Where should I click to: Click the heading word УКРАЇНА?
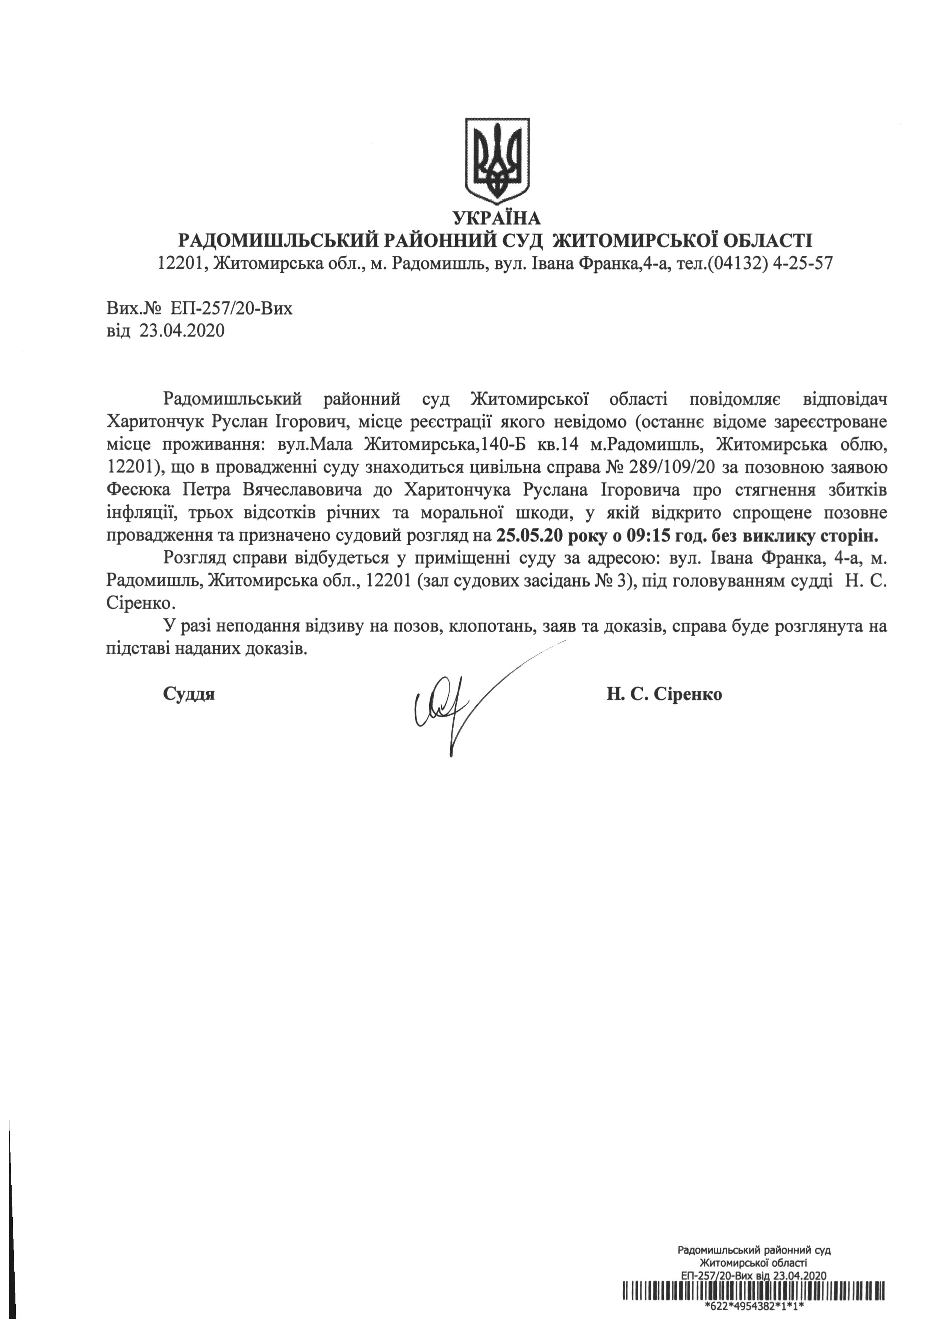point(497,218)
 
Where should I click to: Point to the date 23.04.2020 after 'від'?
point(181,331)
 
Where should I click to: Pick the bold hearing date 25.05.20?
point(529,535)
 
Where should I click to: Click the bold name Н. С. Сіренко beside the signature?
point(664,693)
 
